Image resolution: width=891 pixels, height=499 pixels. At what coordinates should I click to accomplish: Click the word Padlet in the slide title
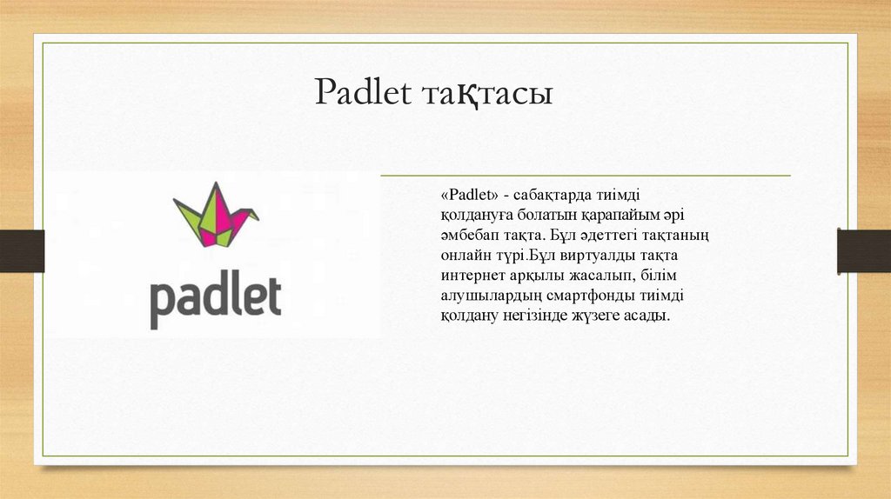pos(363,92)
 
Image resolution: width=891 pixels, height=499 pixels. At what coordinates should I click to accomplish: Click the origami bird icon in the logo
pos(216,215)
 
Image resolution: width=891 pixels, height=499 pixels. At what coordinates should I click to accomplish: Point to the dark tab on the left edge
pos(22,251)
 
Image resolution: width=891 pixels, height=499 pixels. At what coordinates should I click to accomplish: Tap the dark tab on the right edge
pos(864,251)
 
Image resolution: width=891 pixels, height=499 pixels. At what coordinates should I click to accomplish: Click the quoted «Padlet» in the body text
pos(469,196)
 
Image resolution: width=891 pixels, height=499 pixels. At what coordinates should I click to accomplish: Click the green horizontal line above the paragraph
pos(586,176)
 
